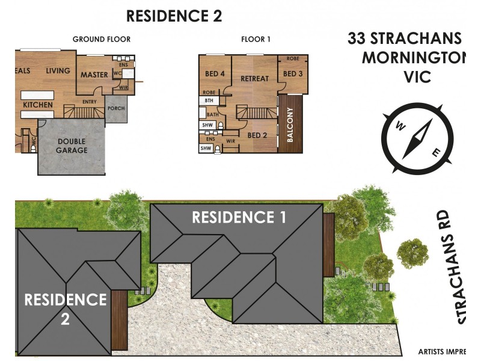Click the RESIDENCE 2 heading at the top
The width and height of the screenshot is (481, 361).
(174, 16)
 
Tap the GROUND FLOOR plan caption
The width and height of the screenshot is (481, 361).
(102, 40)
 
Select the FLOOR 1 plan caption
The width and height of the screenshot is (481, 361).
(256, 40)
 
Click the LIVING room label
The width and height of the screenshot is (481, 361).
(58, 71)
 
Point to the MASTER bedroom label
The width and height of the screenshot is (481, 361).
(94, 75)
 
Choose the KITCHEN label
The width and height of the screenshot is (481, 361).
(38, 105)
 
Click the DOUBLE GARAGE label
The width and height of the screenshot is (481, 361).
(72, 146)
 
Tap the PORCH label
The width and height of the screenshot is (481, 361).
(115, 109)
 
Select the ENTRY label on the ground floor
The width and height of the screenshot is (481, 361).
(90, 102)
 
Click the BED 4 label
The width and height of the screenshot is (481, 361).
(215, 74)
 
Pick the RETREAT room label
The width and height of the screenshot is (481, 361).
(254, 79)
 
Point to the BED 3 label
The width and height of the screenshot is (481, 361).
(292, 74)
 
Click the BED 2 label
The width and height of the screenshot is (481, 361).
(257, 135)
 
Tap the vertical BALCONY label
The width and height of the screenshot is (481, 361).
(290, 125)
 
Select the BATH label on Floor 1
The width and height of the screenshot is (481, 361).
(212, 114)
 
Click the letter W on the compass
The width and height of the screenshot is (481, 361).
(398, 126)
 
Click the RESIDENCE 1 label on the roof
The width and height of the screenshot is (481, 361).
(239, 217)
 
